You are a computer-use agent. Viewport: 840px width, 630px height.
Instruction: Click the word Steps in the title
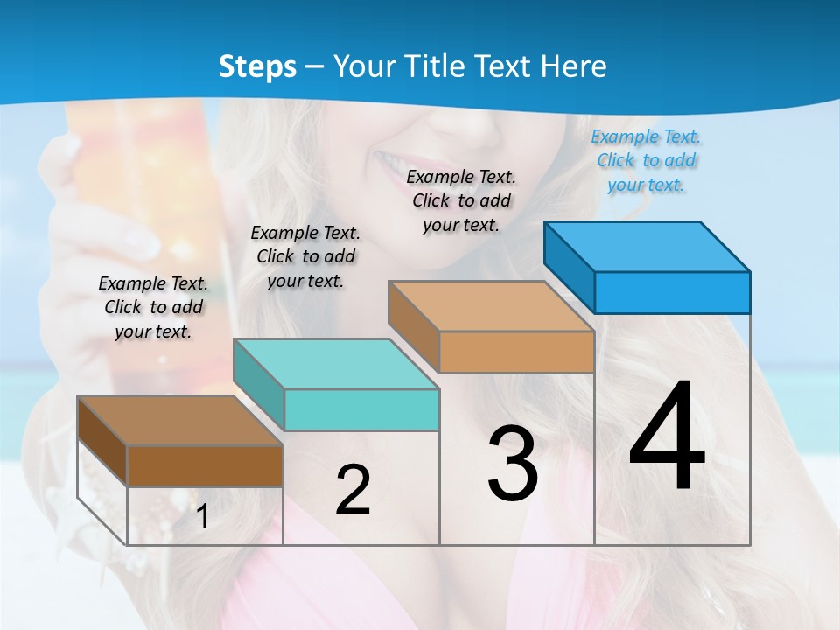(257, 66)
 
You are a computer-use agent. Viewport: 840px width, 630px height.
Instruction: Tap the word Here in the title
(572, 66)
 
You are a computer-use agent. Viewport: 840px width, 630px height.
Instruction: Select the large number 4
(667, 437)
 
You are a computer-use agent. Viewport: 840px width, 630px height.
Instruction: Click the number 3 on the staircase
(513, 464)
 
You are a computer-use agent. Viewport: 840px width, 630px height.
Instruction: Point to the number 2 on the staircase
(353, 490)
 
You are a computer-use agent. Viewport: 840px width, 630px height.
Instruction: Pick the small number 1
(203, 516)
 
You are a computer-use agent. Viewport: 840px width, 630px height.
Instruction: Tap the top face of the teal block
(335, 363)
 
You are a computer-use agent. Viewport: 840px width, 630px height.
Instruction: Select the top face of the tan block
(490, 306)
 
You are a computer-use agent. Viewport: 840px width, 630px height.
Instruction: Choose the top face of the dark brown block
(179, 421)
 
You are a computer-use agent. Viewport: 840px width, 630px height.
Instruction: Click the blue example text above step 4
(646, 161)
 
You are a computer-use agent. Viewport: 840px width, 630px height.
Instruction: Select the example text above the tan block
(461, 200)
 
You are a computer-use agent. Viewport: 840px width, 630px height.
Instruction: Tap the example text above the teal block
(305, 256)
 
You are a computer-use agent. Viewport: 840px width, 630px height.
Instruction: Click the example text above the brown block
(153, 307)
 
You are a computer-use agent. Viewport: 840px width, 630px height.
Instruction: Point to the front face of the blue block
(672, 292)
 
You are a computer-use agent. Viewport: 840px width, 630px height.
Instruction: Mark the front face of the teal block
(361, 409)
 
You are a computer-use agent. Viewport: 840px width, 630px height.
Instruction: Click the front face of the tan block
(516, 352)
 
